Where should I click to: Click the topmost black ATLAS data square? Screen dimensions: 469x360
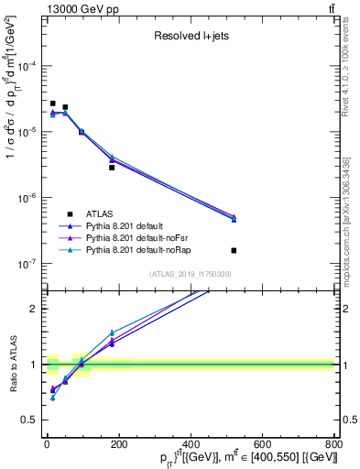[53, 104]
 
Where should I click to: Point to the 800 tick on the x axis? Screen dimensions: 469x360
[333, 442]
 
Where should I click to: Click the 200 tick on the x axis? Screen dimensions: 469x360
[118, 442]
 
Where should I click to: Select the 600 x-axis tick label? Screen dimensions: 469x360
[262, 442]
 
